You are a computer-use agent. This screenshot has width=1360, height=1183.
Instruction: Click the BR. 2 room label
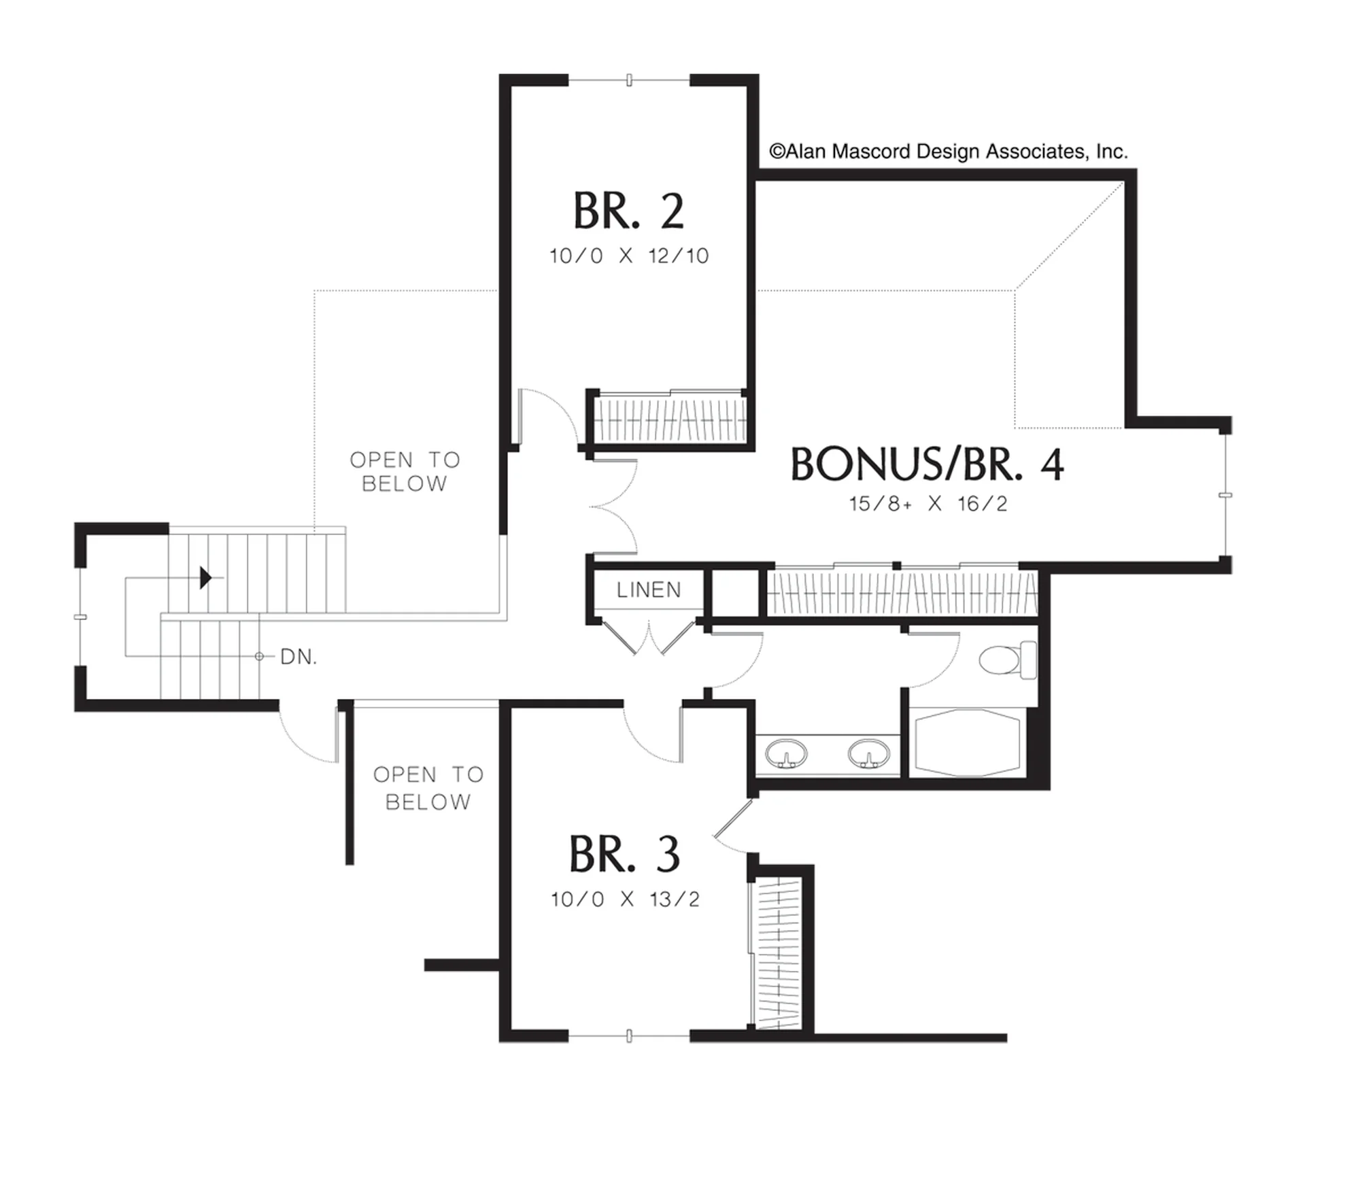628,211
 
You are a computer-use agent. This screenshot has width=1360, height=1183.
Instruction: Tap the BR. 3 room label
624,855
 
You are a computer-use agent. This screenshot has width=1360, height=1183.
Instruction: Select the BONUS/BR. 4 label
927,465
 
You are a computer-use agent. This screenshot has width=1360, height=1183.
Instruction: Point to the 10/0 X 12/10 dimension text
629,256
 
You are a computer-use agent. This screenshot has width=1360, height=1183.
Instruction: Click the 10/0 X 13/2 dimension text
625,899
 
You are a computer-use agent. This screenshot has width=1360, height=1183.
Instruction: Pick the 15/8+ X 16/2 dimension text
928,504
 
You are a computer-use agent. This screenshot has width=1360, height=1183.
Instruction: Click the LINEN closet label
649,590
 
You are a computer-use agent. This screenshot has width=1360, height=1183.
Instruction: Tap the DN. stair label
299,657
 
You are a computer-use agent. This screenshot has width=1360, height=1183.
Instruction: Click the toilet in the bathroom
1008,659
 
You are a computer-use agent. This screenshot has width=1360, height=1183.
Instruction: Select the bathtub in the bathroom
968,742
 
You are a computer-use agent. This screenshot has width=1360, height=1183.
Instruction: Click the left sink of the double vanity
787,753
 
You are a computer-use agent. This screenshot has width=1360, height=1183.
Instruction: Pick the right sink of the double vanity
868,753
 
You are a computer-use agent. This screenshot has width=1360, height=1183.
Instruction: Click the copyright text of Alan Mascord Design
949,151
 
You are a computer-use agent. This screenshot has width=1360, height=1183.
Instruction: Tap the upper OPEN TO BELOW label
405,472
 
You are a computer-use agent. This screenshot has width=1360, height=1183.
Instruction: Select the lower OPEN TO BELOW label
428,788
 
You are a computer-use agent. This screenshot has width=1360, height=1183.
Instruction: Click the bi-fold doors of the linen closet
649,636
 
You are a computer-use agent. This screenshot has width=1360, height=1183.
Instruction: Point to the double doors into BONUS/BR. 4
613,507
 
